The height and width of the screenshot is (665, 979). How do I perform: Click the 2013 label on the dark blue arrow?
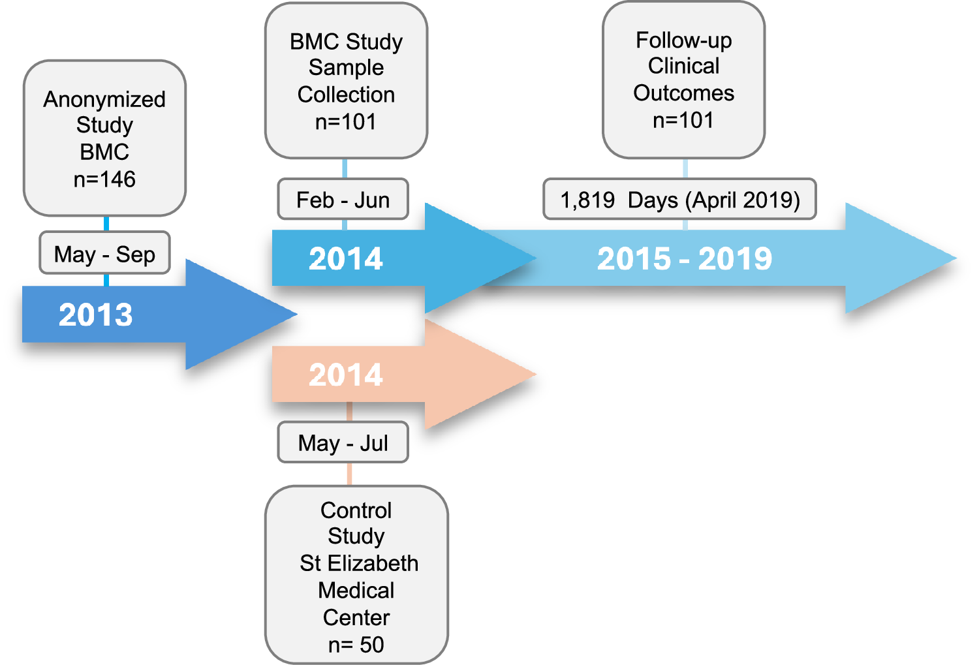pos(96,315)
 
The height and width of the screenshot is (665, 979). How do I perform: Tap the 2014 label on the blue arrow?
pos(346,259)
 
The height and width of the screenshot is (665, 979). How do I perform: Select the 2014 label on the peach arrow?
pos(346,375)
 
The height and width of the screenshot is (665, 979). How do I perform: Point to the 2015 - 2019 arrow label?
pos(684,259)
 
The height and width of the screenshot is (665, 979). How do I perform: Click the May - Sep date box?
pos(104,254)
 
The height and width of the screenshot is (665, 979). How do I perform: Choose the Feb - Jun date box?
pos(343,200)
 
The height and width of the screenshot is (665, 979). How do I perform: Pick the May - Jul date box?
pos(343,443)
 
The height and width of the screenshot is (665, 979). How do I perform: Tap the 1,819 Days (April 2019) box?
pos(679,200)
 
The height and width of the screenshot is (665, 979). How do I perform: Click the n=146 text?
pos(104,179)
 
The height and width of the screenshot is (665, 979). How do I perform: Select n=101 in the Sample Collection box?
pos(346,122)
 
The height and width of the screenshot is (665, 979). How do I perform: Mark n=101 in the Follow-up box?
pos(683,120)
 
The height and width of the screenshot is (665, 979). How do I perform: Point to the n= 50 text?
pos(356,645)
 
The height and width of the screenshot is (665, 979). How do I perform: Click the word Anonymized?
pos(104,99)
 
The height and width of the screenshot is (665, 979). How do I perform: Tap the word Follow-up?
pos(683,40)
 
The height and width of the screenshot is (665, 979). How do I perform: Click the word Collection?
pos(346,95)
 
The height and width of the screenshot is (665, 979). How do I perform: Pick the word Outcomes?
pos(683,93)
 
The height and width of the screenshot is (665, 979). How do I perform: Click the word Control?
pos(356,510)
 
